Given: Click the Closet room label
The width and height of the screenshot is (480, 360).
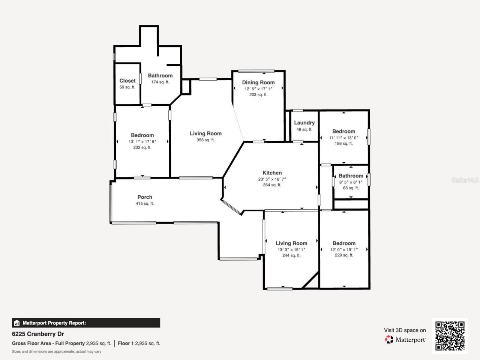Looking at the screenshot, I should pos(127,81).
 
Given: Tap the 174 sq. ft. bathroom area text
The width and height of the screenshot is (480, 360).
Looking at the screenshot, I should pos(160,82).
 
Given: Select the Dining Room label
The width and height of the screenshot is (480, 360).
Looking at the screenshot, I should pos(258,82).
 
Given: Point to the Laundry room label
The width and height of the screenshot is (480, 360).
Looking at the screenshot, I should pos(304,123).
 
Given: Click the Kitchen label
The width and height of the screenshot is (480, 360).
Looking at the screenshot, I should pos(272,173).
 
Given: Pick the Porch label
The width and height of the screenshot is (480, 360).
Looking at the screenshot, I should pos(145,197).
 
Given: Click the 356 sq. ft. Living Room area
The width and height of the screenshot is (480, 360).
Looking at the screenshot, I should pos(205,140).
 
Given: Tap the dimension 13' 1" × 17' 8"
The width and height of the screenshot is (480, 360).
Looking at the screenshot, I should pos(142,142).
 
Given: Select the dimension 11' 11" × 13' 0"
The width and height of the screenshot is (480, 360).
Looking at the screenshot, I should pos(343,138).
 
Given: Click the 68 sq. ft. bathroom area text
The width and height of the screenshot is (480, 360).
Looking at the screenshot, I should pos(351,188).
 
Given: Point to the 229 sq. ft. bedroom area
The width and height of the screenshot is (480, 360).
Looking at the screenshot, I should pos(344,255).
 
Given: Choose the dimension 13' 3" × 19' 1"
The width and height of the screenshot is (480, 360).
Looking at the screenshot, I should pos(291,250).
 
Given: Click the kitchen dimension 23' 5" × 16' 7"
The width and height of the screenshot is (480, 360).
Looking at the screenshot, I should pos(272,179).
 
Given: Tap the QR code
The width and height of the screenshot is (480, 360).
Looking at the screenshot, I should pos(450,336).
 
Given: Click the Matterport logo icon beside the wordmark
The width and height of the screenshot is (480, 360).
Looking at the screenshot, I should pos(389,339).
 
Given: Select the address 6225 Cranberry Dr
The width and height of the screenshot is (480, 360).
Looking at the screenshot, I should pos(38,334).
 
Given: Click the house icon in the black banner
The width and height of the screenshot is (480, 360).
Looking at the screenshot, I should pos(16,323).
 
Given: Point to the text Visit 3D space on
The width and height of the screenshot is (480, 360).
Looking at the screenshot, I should pos(405,330).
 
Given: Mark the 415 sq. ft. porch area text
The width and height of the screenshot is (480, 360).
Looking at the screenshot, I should pos(145,204).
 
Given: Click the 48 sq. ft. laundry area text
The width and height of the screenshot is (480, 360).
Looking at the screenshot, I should pos(304,129).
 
